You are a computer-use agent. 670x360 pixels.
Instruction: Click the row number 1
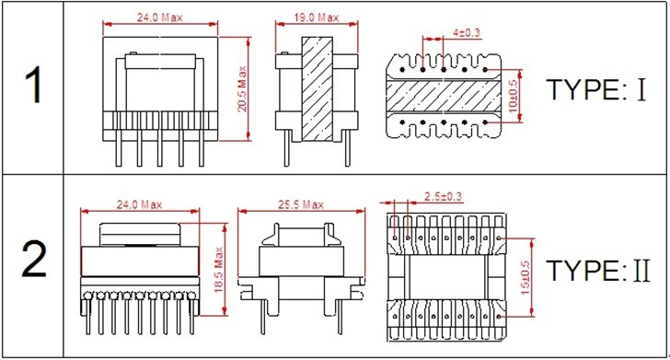point(33,86)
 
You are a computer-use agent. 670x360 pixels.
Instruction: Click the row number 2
point(34,260)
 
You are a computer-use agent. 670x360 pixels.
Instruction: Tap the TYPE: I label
point(596,90)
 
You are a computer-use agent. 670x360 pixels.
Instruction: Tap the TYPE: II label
point(598,270)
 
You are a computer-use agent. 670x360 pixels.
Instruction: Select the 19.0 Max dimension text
point(317,17)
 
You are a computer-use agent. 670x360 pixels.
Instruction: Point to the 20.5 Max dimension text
point(242,89)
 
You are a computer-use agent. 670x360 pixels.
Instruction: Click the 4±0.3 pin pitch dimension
point(467,32)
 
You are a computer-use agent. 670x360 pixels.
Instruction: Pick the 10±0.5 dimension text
point(513,96)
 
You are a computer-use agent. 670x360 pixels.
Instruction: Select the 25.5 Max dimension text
point(301,204)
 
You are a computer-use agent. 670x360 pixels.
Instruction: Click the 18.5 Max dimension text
point(219,270)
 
